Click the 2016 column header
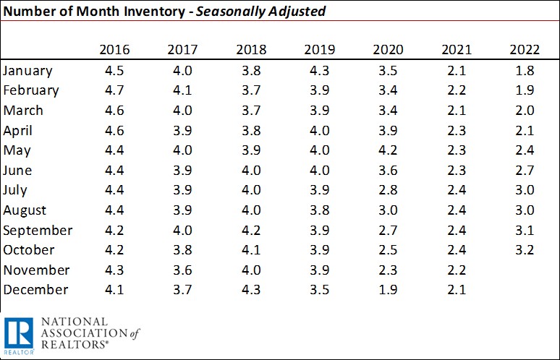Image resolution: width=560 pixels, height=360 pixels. (114, 50)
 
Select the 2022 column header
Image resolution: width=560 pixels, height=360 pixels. (525, 50)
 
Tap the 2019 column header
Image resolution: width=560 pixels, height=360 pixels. (320, 50)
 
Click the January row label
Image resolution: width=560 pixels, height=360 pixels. (27, 70)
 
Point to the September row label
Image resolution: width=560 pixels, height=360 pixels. (38, 230)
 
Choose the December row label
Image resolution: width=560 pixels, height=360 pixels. (35, 290)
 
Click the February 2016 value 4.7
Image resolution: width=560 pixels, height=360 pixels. (114, 90)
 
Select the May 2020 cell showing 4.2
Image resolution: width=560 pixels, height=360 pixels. (388, 150)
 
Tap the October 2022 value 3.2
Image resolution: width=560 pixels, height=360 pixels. (525, 250)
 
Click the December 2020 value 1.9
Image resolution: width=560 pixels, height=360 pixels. (388, 290)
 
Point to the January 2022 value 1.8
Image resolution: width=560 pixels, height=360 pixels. (525, 70)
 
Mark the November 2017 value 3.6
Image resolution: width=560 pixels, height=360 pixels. (182, 270)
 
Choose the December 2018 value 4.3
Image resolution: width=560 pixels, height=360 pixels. (251, 290)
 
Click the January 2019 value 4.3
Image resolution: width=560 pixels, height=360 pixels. (320, 70)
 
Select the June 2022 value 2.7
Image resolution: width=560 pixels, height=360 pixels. (525, 170)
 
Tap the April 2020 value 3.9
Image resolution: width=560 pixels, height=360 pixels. (388, 130)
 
